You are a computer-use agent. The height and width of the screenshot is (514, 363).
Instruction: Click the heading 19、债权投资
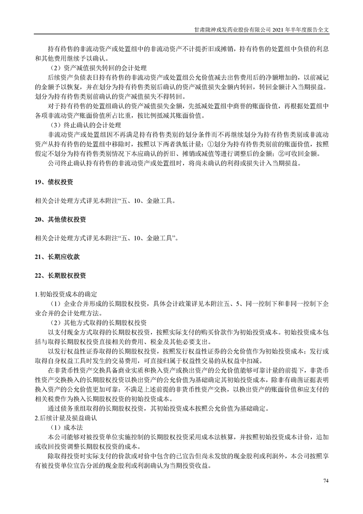[54, 182]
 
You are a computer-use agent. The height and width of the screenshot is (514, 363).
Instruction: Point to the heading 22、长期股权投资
[60, 276]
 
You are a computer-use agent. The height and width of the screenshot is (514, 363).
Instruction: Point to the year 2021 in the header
[279, 29]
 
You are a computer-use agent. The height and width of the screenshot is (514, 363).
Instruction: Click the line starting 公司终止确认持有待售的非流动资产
[173, 163]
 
